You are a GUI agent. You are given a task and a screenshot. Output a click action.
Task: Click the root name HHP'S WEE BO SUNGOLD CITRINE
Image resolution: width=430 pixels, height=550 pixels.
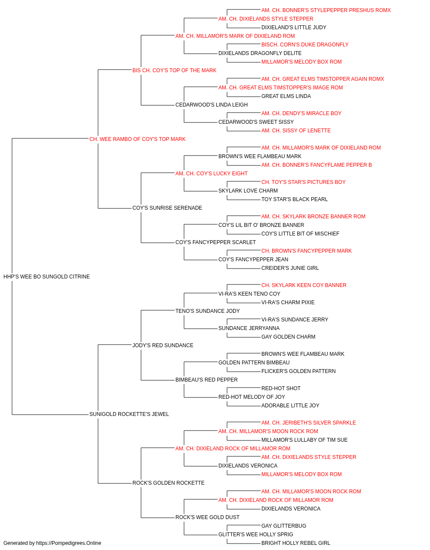pyautogui.click(x=46, y=277)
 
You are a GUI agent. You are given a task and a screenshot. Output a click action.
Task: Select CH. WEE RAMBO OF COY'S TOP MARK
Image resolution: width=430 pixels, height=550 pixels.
pyautogui.click(x=137, y=139)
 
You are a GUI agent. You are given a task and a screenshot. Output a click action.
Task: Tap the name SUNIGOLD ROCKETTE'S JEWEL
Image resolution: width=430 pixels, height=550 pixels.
pyautogui.click(x=129, y=414)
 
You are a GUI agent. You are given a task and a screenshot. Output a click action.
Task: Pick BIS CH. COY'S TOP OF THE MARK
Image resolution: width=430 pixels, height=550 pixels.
pyautogui.click(x=174, y=70)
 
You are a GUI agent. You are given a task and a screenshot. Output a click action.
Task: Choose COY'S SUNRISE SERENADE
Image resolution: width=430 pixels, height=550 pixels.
pyautogui.click(x=167, y=208)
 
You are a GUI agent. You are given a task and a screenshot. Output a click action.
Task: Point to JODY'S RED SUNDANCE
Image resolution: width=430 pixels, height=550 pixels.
pyautogui.click(x=163, y=345)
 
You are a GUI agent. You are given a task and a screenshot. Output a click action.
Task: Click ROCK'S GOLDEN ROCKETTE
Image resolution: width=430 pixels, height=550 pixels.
pyautogui.click(x=168, y=483)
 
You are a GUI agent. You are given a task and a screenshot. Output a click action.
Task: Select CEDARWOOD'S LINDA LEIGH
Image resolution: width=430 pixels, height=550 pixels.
pyautogui.click(x=212, y=105)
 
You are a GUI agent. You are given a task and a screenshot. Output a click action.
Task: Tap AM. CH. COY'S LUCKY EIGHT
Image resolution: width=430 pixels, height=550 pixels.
pyautogui.click(x=212, y=173)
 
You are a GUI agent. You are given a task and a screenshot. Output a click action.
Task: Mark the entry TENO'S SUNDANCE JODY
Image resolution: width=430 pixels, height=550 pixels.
pyautogui.click(x=207, y=311)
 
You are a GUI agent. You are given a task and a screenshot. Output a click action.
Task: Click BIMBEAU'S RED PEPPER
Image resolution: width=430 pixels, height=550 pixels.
pyautogui.click(x=206, y=380)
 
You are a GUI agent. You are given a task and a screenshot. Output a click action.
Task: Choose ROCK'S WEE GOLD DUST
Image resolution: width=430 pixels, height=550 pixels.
pyautogui.click(x=207, y=517)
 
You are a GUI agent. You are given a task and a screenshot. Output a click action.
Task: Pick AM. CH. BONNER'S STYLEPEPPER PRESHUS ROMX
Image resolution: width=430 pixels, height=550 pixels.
pyautogui.click(x=326, y=10)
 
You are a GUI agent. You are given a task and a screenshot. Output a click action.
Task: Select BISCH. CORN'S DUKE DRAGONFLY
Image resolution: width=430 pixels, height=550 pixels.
pyautogui.click(x=305, y=45)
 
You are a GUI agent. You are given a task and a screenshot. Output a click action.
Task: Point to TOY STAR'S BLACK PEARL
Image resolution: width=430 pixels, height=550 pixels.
pyautogui.click(x=295, y=199)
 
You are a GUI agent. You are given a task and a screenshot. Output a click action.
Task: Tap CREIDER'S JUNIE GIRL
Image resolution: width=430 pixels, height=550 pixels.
pyautogui.click(x=290, y=268)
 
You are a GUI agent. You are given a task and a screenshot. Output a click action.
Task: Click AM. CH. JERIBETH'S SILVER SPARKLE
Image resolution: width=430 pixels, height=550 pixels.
pyautogui.click(x=308, y=423)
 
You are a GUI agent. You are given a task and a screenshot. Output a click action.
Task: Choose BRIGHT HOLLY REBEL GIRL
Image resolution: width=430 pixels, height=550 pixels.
pyautogui.click(x=296, y=543)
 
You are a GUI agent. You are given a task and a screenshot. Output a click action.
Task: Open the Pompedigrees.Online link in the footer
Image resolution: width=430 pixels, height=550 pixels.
pyautogui.click(x=68, y=543)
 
